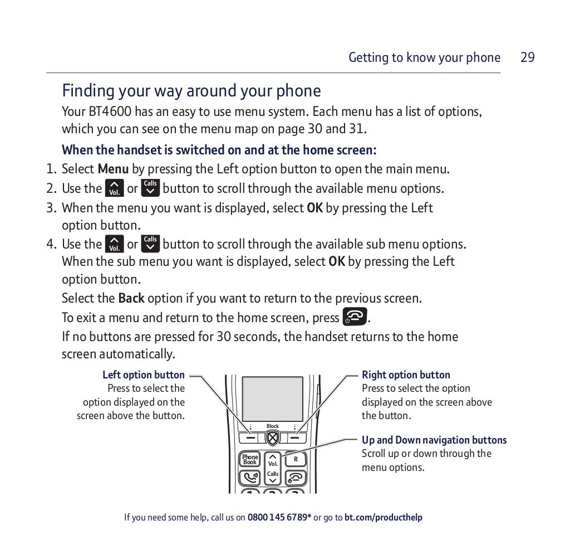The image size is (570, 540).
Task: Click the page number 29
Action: [x=527, y=57]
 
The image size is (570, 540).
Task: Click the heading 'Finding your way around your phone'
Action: [x=191, y=91]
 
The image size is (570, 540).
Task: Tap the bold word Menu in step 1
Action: [x=113, y=169]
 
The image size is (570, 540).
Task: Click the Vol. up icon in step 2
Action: [x=115, y=188]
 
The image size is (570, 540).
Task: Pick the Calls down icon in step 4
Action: [x=150, y=244]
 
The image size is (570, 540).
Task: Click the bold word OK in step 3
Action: [x=315, y=208]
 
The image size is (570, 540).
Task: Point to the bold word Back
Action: [x=131, y=298]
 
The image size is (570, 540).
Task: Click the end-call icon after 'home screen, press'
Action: [x=355, y=317]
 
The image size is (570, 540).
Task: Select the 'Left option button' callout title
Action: [x=144, y=375]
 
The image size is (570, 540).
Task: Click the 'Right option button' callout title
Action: [x=406, y=375]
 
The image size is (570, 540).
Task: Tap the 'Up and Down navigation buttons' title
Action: [x=434, y=440]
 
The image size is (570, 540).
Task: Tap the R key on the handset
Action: [x=296, y=459]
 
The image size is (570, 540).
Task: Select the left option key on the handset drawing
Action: [x=250, y=439]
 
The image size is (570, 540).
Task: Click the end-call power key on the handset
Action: [x=296, y=478]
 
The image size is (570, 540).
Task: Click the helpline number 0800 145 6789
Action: [x=279, y=518]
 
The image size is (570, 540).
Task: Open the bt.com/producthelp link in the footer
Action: [x=383, y=518]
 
